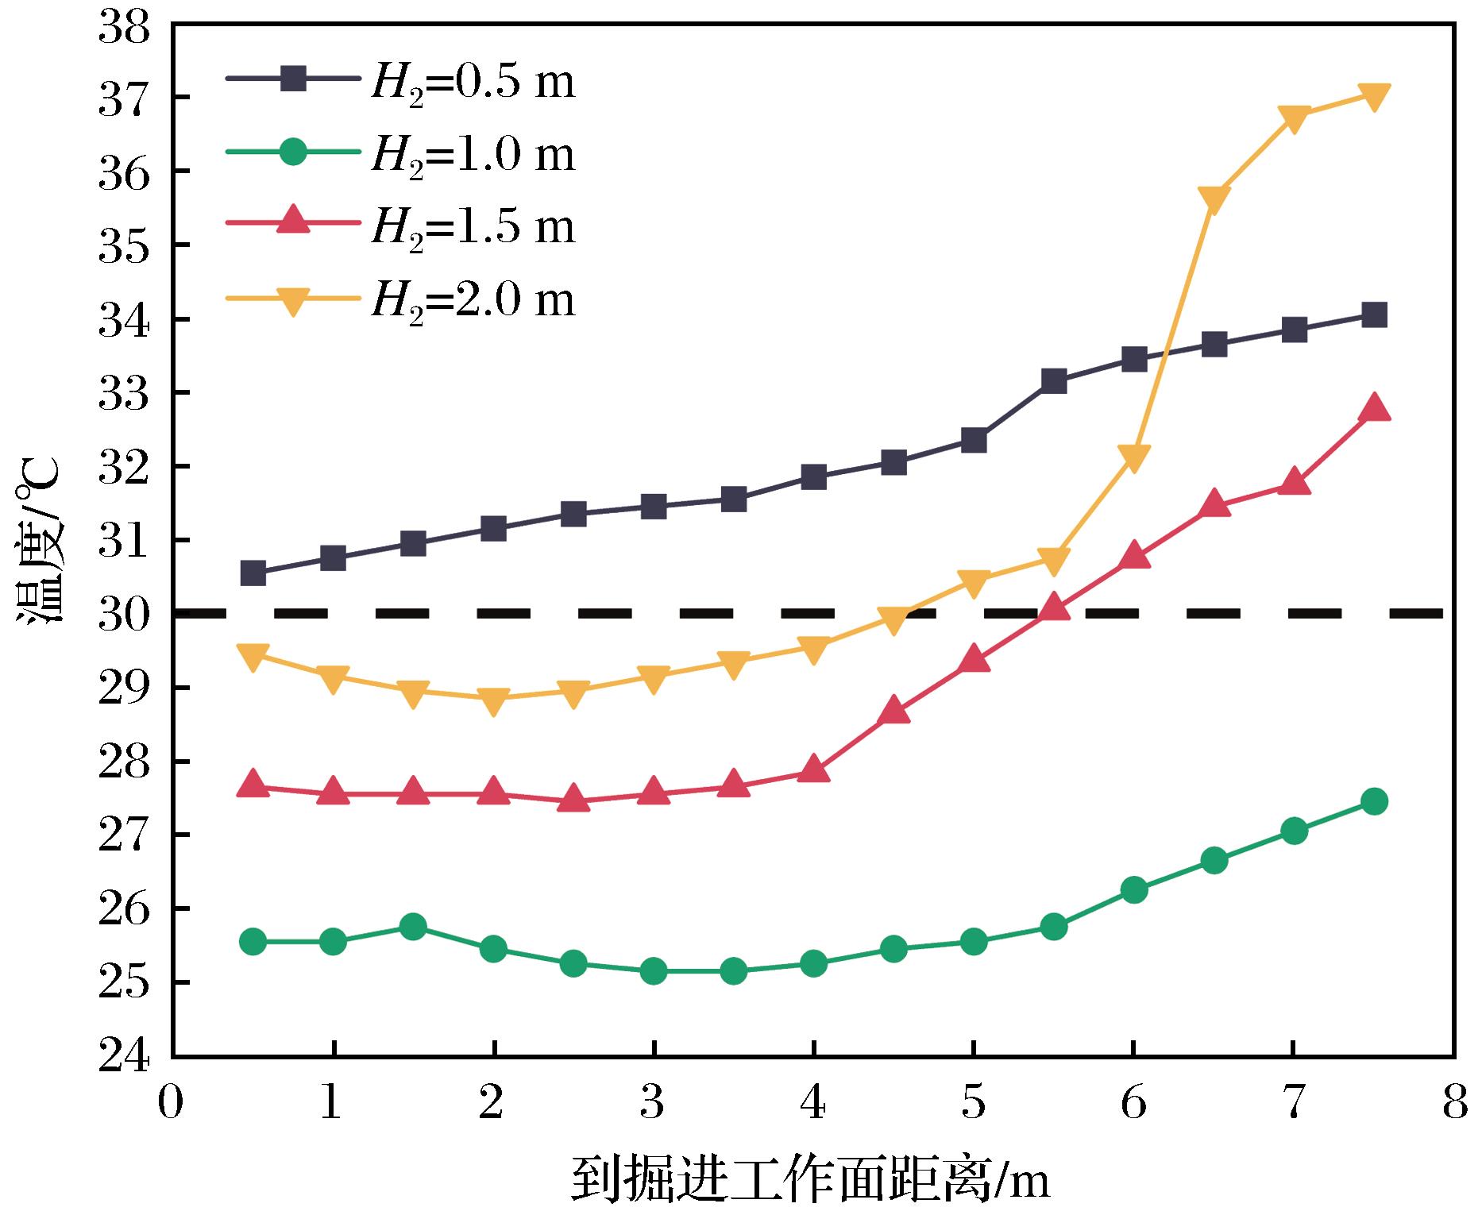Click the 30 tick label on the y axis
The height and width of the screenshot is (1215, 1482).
click(125, 613)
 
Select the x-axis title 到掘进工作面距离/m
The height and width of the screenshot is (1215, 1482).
click(810, 1180)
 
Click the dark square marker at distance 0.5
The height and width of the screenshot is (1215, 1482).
click(253, 573)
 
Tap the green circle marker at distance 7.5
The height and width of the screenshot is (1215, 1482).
click(1374, 801)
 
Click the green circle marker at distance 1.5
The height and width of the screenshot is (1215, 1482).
click(413, 927)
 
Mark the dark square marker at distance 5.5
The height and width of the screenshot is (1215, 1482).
click(1053, 381)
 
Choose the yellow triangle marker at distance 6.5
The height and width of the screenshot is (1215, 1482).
click(1214, 199)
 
